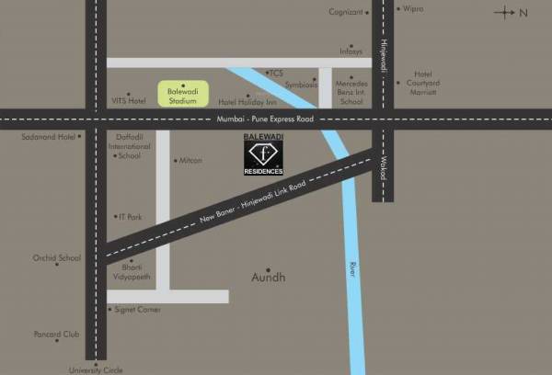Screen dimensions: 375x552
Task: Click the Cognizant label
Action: pos(346,11)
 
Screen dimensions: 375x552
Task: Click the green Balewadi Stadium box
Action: pos(183,94)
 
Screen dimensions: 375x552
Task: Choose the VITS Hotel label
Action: pos(129,101)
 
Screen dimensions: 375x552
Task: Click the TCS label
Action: pos(277,73)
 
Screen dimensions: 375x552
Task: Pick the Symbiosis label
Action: pos(301,85)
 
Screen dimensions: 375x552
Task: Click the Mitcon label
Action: pos(190,161)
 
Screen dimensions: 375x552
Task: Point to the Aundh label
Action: pos(269,277)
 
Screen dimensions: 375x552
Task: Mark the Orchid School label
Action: pos(57,258)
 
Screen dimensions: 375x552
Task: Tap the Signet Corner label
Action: pos(137,310)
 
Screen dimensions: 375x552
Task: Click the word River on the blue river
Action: pos(352,270)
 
